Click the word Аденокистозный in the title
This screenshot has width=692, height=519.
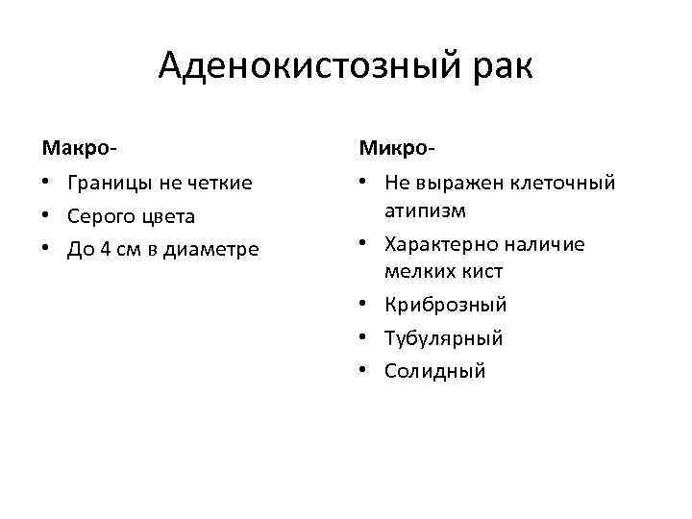pyautogui.click(x=309, y=66)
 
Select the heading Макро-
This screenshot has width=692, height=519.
pyautogui.click(x=80, y=148)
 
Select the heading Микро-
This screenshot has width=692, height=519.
pyautogui.click(x=397, y=148)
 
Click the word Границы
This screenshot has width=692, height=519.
pyautogui.click(x=107, y=183)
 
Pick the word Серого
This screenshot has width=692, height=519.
pyautogui.click(x=100, y=216)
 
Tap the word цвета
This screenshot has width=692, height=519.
pyautogui.click(x=166, y=216)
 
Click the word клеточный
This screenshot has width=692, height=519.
pyautogui.click(x=564, y=183)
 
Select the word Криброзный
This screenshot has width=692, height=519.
pyautogui.click(x=445, y=305)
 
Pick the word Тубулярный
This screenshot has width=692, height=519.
pyautogui.click(x=443, y=338)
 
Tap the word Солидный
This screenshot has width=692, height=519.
pyautogui.click(x=434, y=371)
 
